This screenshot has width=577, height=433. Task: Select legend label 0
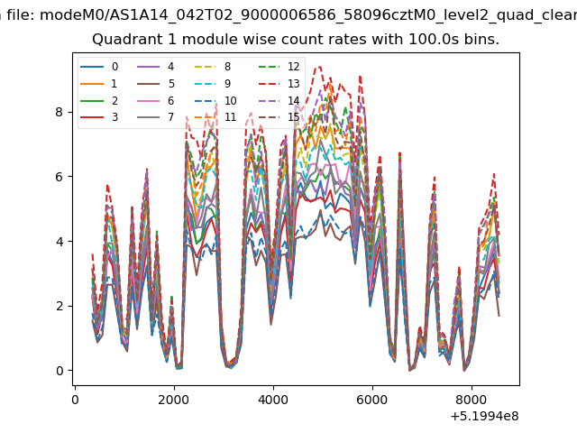pos(99,67)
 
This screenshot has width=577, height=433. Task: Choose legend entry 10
pos(215,100)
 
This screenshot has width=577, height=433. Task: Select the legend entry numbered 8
pos(213,67)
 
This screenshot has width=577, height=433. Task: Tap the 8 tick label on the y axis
pos(60,112)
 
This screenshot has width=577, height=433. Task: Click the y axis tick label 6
pos(60,177)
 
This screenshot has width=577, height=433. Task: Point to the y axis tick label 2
pos(60,306)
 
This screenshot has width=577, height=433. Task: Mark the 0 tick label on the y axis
pos(60,371)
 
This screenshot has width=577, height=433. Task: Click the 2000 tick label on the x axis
pos(174,400)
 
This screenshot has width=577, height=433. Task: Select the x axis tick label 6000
pos(372,400)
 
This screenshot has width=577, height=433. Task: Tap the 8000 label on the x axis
pos(472,400)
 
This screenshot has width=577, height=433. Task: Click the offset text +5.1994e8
pos(485,416)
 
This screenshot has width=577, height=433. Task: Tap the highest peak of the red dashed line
pos(319,67)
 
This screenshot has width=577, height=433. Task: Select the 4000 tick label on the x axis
pos(273,400)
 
